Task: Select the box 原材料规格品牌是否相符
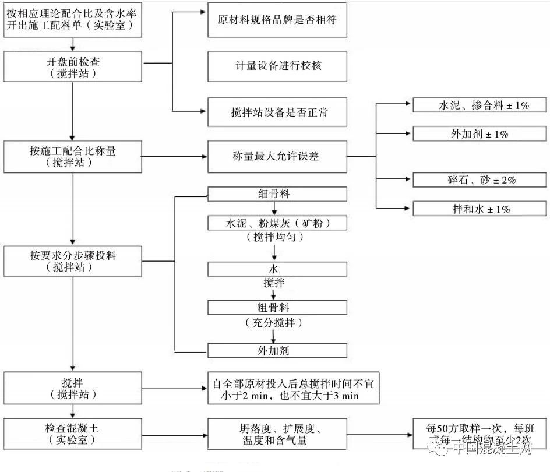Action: (277, 20)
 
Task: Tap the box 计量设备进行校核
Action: (277, 65)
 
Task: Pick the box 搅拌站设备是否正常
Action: (277, 111)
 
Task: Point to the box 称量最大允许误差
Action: (277, 156)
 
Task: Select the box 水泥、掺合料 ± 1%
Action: (480, 105)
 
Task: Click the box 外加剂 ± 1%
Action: (480, 133)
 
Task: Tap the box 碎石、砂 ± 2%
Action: (480, 179)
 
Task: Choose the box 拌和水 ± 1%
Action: (480, 209)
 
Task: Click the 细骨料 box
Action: (277, 195)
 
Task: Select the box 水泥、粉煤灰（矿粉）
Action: (277, 223)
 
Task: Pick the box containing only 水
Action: (277, 269)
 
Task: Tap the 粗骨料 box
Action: (277, 307)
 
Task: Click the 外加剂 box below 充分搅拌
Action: (277, 350)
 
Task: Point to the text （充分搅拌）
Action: (274, 322)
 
